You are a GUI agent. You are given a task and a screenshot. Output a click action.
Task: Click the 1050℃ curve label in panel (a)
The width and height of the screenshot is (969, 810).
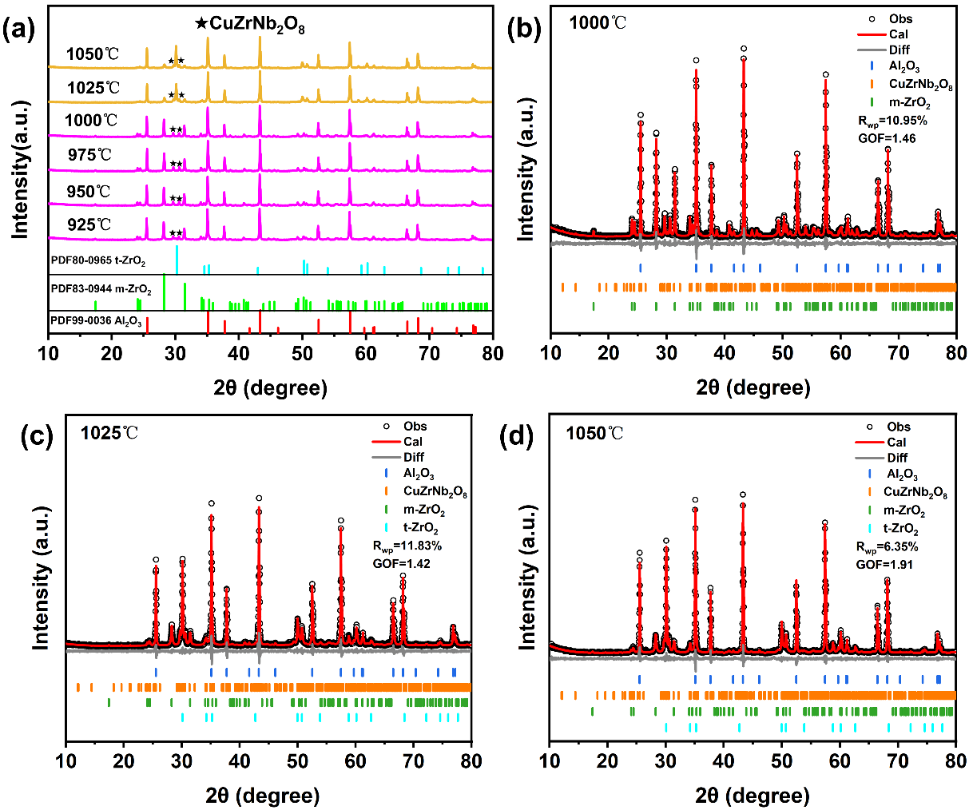pyautogui.click(x=93, y=54)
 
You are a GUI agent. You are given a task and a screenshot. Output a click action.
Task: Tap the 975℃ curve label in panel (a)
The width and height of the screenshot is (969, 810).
pyautogui.click(x=89, y=154)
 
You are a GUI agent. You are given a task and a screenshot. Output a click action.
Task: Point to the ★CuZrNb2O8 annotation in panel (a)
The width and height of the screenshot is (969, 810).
pyautogui.click(x=249, y=25)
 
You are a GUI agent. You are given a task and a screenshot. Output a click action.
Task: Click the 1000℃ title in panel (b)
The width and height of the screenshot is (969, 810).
pyautogui.click(x=598, y=22)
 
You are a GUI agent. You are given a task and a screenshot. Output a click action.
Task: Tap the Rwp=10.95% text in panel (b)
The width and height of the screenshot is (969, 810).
pyautogui.click(x=892, y=121)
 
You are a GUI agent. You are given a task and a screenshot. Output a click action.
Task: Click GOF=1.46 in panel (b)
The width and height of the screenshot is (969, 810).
pyautogui.click(x=887, y=138)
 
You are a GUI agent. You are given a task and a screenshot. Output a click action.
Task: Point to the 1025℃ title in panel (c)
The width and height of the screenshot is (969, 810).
pyautogui.click(x=109, y=434)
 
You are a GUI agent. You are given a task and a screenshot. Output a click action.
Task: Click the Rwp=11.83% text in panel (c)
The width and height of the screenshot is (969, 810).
pyautogui.click(x=407, y=546)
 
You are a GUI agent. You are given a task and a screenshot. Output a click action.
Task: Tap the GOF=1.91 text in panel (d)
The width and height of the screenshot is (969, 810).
pyautogui.click(x=884, y=564)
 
